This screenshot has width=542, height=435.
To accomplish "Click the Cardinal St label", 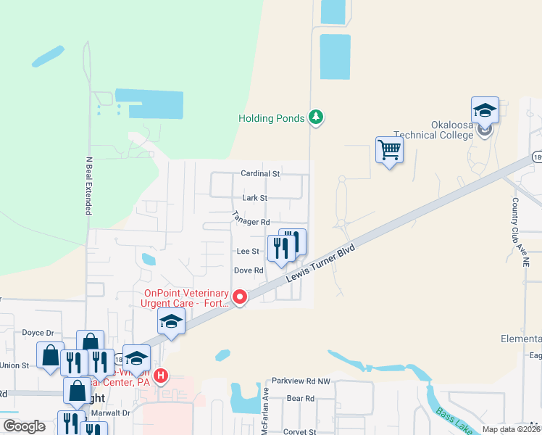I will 260,174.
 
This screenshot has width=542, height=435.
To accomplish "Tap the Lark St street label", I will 254,198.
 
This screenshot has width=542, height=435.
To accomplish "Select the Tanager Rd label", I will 251,217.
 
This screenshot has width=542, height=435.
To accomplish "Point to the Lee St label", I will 248,252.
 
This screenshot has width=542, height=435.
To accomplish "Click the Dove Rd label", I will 248,270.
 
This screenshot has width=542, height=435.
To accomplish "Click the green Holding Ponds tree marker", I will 315,117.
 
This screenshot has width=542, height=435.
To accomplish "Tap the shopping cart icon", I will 390,150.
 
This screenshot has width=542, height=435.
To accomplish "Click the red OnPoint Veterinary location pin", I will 240,297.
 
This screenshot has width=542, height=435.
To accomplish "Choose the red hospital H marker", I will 161,377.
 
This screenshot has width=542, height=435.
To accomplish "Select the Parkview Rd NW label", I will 301,381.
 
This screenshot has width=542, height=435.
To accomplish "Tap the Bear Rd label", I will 300,398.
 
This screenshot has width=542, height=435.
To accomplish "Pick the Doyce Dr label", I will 38,332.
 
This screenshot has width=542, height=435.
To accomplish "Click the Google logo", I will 24,426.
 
